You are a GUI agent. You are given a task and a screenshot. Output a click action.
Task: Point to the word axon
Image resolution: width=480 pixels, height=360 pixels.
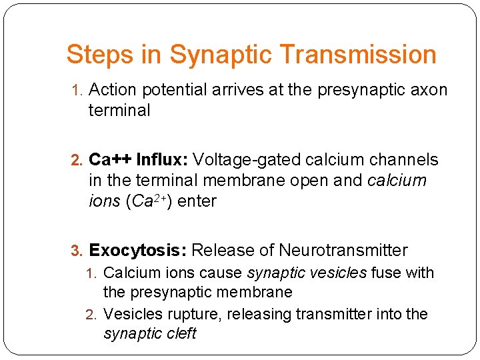coord(429,90)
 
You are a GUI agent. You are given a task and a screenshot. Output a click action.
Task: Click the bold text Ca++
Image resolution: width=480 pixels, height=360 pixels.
coord(110,160)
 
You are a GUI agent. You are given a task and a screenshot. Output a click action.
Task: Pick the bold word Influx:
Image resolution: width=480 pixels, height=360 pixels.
coord(162,160)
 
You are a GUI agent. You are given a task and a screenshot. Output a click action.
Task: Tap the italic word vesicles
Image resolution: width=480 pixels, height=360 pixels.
coord(341,273)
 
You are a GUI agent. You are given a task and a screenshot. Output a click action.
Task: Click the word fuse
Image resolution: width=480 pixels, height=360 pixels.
coord(385,273)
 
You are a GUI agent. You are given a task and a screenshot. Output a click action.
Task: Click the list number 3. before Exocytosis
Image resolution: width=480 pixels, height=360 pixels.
coord(78,251)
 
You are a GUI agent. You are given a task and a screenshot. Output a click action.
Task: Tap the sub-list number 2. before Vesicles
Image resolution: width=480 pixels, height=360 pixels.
coord(94,315)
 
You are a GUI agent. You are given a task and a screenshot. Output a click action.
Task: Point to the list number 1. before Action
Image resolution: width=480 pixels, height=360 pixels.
coord(78,91)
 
